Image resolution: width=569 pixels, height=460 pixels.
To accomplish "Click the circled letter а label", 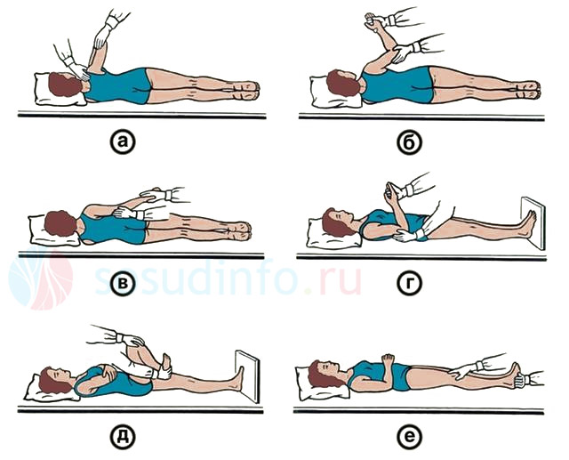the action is (123, 142).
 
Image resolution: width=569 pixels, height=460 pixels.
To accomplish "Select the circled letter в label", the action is (123, 283).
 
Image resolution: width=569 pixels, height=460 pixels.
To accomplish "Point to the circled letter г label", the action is (410, 283).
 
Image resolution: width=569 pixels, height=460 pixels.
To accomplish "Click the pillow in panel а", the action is (58, 90).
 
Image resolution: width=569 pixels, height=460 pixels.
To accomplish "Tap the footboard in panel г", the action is (533, 222).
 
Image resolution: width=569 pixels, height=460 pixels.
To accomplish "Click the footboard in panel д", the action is (248, 375).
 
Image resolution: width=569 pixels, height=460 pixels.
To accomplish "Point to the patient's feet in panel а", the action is (247, 91).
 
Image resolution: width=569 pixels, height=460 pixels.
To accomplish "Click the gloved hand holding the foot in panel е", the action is (523, 379).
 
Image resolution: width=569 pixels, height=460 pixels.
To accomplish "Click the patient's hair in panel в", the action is (60, 223).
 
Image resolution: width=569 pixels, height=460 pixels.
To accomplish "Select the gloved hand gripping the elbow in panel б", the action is (404, 52).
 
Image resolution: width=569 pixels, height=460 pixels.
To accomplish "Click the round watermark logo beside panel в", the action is (41, 278).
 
